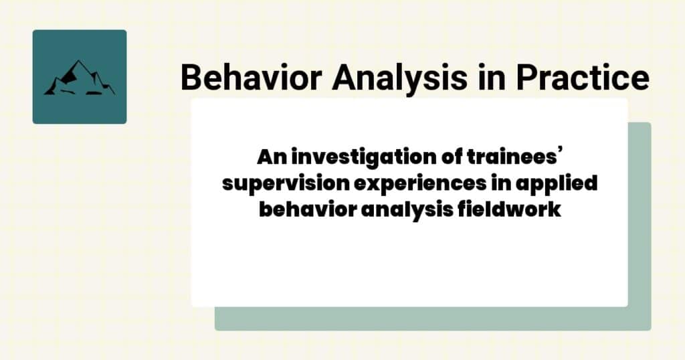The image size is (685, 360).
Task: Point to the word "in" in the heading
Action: tap(490, 78)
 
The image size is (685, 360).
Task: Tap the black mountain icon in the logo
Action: tap(79, 78)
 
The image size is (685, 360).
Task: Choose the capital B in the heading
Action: tap(191, 78)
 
